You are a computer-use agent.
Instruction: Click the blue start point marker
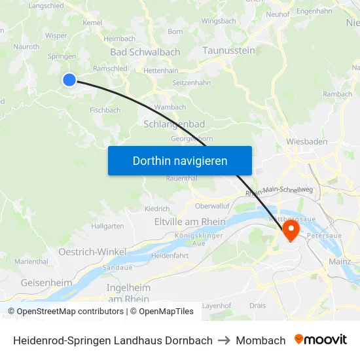[69, 80]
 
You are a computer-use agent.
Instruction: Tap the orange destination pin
[290, 229]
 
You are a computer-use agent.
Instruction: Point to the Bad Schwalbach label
[145, 52]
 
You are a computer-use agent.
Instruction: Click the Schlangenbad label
[173, 124]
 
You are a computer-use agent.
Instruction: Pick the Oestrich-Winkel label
[92, 252]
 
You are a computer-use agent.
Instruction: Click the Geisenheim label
[46, 282]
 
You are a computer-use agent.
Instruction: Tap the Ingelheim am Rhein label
[128, 293]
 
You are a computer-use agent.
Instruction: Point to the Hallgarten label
[108, 226]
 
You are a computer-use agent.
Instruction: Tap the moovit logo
[321, 340]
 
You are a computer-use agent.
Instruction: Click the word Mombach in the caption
[261, 340]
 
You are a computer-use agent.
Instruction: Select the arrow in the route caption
[225, 340]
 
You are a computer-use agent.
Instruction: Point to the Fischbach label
[105, 110]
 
